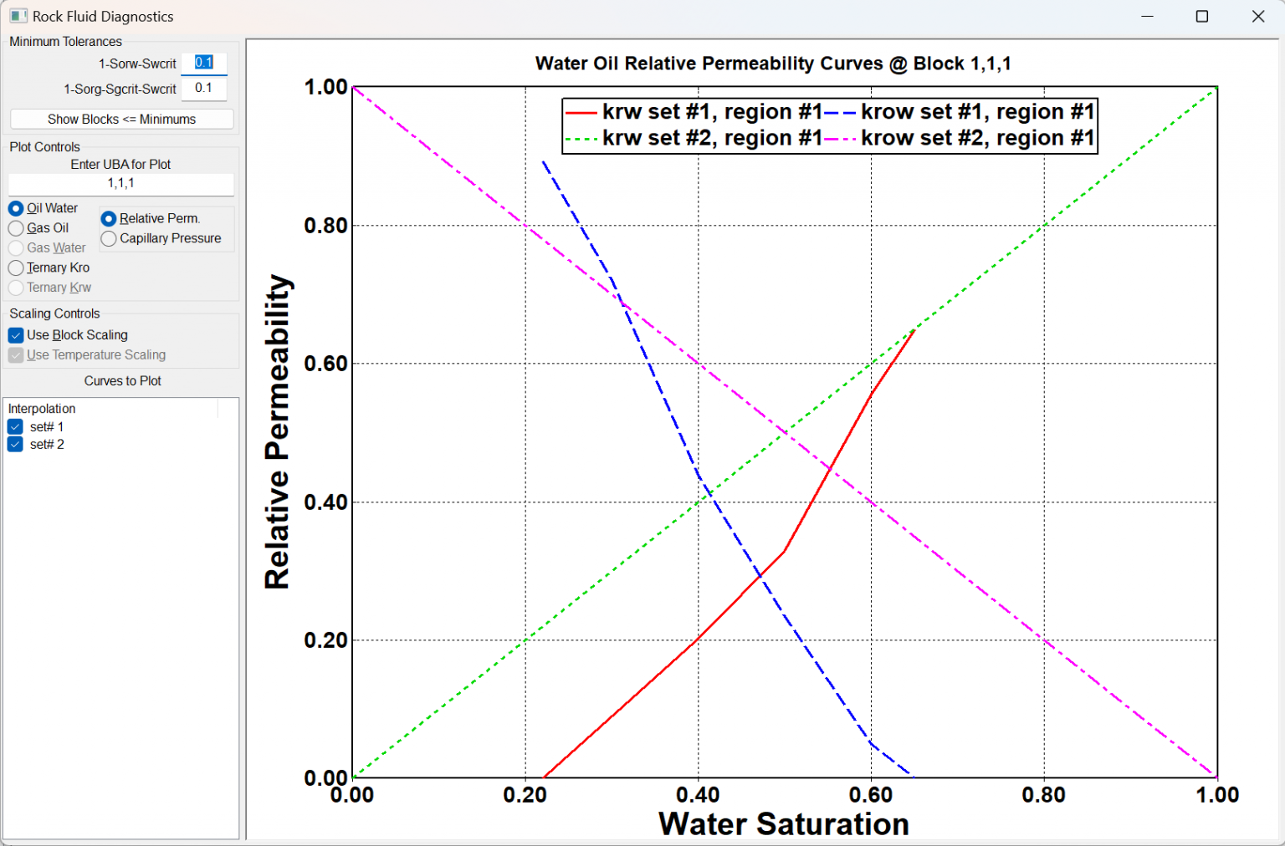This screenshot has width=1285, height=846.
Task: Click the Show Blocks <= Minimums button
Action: pyautogui.click(x=121, y=120)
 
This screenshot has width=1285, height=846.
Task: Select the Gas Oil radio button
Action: pyautogui.click(x=16, y=228)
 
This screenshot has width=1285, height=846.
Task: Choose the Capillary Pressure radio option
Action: pyautogui.click(x=109, y=239)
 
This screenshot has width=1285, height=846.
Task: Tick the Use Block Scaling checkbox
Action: pyautogui.click(x=16, y=335)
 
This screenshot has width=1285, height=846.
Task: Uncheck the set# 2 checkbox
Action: pyautogui.click(x=15, y=445)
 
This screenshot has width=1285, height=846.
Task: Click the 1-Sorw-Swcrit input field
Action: pyautogui.click(x=204, y=63)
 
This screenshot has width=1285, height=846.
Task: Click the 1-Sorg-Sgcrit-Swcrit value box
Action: pyautogui.click(x=204, y=88)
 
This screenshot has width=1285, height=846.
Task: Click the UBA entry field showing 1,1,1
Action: pyautogui.click(x=121, y=183)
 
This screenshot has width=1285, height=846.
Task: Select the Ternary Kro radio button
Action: pyautogui.click(x=16, y=268)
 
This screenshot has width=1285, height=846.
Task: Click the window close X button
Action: pyautogui.click(x=1257, y=17)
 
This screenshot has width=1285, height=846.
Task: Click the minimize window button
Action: pyautogui.click(x=1147, y=17)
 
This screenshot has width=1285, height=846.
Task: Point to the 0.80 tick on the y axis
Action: pyautogui.click(x=325, y=226)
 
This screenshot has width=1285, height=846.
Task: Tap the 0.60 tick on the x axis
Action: pyautogui.click(x=871, y=795)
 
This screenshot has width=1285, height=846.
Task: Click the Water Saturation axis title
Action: pyautogui.click(x=783, y=824)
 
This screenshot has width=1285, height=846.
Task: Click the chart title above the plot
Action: pyautogui.click(x=773, y=64)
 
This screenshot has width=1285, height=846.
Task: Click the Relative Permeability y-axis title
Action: pyautogui.click(x=277, y=431)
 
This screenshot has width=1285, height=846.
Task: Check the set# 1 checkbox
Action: pyautogui.click(x=15, y=427)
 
